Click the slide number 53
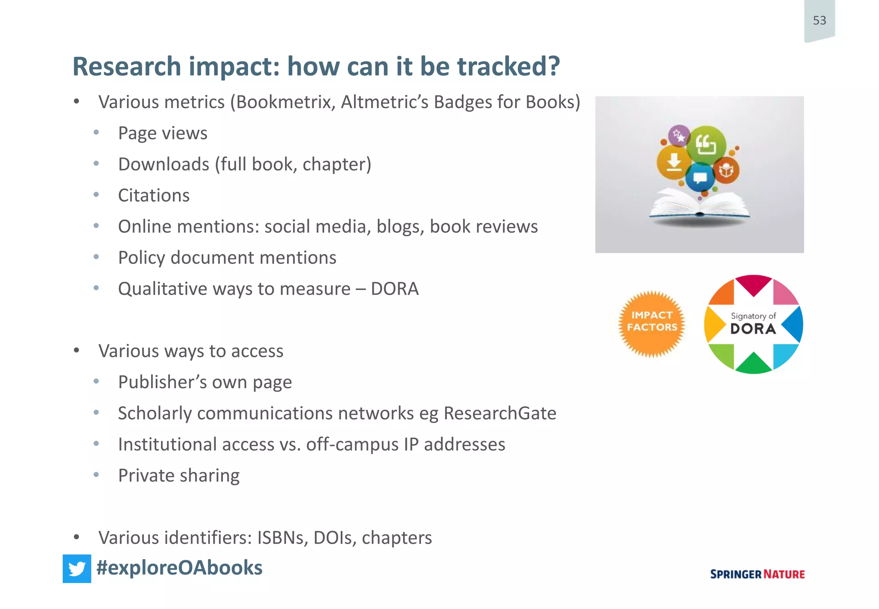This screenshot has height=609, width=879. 819,20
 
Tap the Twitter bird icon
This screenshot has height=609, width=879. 77,569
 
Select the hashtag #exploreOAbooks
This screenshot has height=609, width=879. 179,568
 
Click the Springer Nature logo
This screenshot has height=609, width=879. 757,574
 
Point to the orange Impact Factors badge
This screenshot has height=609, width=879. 652,324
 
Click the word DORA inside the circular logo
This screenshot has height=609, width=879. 753,329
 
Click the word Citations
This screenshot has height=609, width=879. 154,195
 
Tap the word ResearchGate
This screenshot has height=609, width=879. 500,413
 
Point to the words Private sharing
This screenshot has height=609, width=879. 179,475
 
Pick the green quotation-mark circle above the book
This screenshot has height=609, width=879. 706,145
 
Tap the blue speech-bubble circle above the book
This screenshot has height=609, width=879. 700,177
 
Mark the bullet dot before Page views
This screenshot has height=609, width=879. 97,133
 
